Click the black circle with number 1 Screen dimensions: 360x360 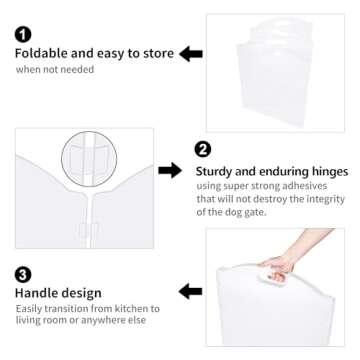[23, 34]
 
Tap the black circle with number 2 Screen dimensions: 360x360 [204, 150]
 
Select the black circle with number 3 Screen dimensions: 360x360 [23, 271]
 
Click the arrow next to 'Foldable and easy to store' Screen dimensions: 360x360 [191, 53]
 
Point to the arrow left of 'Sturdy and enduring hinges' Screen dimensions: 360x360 [171, 170]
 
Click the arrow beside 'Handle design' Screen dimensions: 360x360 [190, 291]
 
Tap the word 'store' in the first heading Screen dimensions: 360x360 [156, 53]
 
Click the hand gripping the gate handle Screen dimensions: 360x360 [278, 268]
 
